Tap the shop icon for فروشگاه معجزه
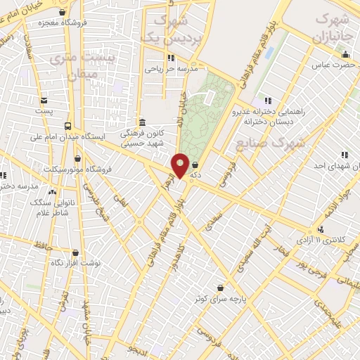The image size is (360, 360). pyautogui.click(x=63, y=12)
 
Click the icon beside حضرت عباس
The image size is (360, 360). pyautogui.click(x=345, y=56)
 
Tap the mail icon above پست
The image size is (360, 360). pyautogui.click(x=44, y=100)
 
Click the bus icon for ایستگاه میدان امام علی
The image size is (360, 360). pyautogui.click(x=67, y=127)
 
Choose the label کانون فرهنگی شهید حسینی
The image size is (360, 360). pyautogui.click(x=142, y=137)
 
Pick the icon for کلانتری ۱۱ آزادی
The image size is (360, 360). pyautogui.click(x=321, y=229)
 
